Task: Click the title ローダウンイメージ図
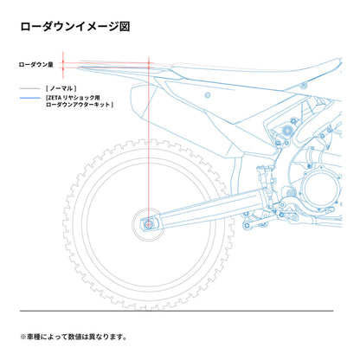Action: point(75,26)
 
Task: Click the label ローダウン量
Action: point(36,65)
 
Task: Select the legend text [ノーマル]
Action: point(61,88)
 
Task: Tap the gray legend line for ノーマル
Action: point(30,88)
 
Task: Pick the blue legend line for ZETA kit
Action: point(30,98)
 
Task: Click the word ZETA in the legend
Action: point(55,98)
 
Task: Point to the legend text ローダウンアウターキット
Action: point(80,105)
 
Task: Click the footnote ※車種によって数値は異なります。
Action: point(74,337)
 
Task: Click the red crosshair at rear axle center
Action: point(149,224)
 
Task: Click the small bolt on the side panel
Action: point(208,95)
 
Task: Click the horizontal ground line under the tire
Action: point(177,311)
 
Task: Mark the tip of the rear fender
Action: point(78,68)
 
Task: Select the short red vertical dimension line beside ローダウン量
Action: point(63,65)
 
